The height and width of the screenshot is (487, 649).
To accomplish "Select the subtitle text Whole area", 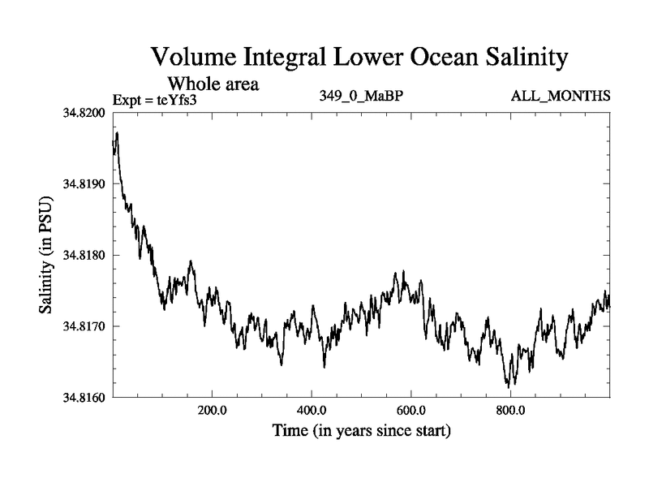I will pos(213,83).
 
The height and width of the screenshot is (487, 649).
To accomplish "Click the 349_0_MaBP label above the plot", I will pos(362,97).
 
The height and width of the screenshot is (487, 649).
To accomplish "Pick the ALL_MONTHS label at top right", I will pos(560,97).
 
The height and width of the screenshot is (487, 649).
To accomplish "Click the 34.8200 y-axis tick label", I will pos(84,113).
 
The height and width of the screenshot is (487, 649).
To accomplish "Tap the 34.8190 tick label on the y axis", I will pos(84,184).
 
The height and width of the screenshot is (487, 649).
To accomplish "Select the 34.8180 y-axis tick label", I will pos(84,255).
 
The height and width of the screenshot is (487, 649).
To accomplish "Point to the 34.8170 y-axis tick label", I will pos(84,326).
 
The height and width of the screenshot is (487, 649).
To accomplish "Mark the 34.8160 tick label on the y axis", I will pos(84,397).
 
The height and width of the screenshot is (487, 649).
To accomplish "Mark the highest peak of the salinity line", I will pos(118,132).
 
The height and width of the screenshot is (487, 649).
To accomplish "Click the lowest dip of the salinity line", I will pos(509,386).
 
